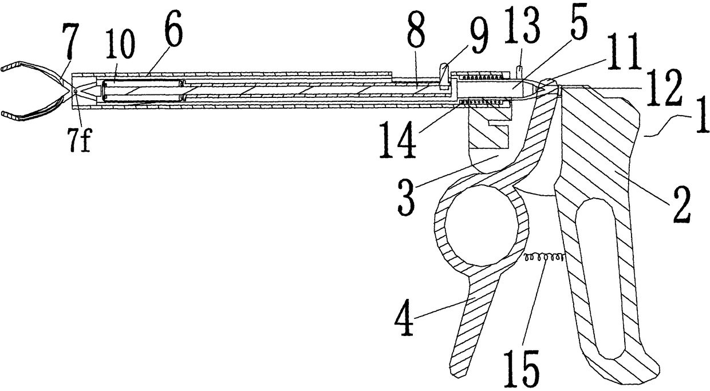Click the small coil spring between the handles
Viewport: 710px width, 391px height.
click(x=543, y=258)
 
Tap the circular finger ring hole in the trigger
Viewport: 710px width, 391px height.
click(x=481, y=226)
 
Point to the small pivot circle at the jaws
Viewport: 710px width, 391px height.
click(x=75, y=90)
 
